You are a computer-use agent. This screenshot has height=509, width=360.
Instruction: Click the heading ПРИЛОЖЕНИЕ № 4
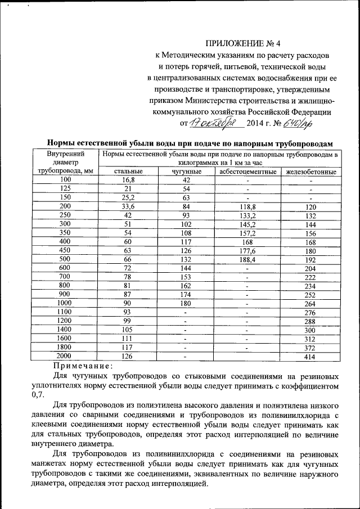point(243,42)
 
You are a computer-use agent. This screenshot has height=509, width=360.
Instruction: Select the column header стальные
point(128,171)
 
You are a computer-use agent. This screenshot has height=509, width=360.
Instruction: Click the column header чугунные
point(187,171)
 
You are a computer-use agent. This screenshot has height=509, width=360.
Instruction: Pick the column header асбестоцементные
point(247,171)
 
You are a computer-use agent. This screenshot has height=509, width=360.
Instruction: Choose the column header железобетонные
point(311,171)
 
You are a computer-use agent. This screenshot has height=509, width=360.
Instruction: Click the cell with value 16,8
point(128,179)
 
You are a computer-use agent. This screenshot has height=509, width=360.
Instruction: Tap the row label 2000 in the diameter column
point(65,355)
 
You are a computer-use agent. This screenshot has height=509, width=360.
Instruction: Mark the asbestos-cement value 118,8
point(247,206)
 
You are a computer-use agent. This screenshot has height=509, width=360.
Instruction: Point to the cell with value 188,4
point(247,259)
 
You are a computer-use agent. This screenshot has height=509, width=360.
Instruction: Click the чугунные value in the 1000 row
point(187,303)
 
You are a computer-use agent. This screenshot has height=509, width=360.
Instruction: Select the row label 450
point(65,250)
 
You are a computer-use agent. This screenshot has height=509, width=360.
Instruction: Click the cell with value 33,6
point(128,206)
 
